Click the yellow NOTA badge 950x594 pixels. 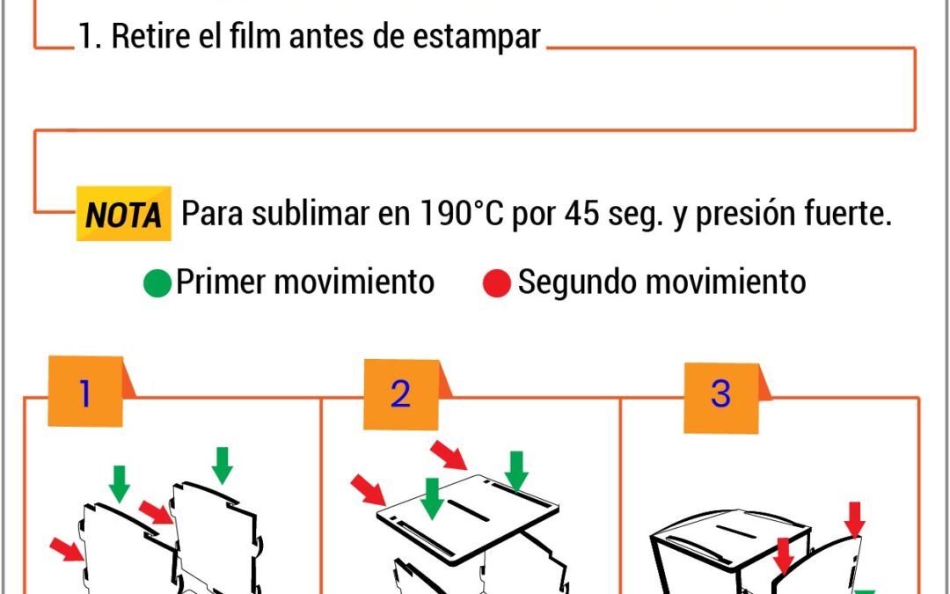point(124,213)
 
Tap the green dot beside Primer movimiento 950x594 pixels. point(157,283)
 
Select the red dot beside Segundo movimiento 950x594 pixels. point(497,283)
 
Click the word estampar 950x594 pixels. point(477,36)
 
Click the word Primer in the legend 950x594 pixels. point(219,282)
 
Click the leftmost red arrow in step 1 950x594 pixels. point(67,549)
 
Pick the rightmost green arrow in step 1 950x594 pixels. point(223,466)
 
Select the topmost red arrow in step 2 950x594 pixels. point(449,455)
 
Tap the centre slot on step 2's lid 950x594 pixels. point(468,510)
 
